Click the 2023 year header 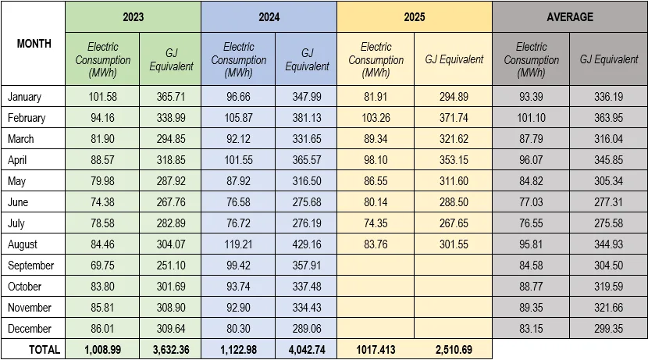pos(134,17)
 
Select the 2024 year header pos(269,17)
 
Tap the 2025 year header pos(415,17)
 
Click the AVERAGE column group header pos(570,17)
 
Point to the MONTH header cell pos(34,44)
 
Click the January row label pos(24,97)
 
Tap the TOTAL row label pos(45,350)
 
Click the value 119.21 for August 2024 pos(239,244)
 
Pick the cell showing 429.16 pos(306,244)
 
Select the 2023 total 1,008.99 pos(103,350)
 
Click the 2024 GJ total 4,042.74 pos(306,350)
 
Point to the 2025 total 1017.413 pos(376,350)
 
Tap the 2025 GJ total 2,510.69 pos(453,350)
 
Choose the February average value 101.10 pos(531,118)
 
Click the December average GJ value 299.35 pos(608,329)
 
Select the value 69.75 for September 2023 pos(103,266)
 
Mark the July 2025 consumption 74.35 pos(376,223)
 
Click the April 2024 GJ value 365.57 pos(306,160)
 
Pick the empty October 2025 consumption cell pos(376,287)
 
